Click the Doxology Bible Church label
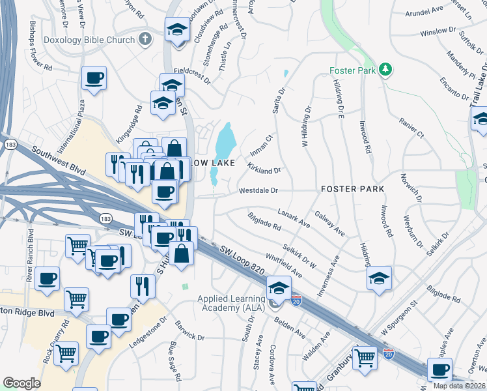coord(89,40)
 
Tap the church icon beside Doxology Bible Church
coord(145,40)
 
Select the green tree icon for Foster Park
coord(385,68)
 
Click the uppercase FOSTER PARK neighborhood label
coord(352,189)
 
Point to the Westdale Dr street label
coord(258,192)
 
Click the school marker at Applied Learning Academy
coord(279,287)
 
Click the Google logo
coord(22,383)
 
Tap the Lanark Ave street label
coord(294,218)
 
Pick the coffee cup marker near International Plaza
coord(94,79)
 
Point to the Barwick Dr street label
coord(189,332)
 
